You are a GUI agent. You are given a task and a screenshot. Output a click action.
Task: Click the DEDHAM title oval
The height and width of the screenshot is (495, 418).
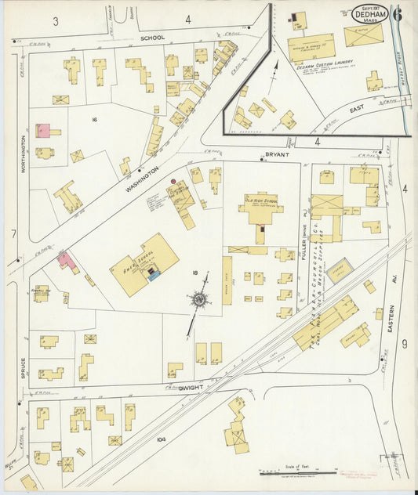pos(369,13)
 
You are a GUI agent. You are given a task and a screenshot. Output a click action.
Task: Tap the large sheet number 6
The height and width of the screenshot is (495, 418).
pos(398,13)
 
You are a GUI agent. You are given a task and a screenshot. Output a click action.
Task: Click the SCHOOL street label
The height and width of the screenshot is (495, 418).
pos(152,37)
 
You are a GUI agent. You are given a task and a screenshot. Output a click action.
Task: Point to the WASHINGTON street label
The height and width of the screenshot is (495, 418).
pos(144,179)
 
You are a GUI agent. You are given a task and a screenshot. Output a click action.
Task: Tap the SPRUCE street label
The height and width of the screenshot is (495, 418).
pos(24,368)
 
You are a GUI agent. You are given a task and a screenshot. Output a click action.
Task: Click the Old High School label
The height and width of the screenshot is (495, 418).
pos(261,201)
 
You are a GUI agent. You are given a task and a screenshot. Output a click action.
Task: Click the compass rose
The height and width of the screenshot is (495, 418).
pos(200,298)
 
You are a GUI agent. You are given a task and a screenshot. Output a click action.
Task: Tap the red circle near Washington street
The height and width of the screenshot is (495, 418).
pos(174,182)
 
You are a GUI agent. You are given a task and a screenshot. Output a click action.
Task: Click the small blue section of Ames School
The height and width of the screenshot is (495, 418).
pos(154,274)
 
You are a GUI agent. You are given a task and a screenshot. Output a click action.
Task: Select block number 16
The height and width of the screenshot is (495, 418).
pos(93,119)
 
